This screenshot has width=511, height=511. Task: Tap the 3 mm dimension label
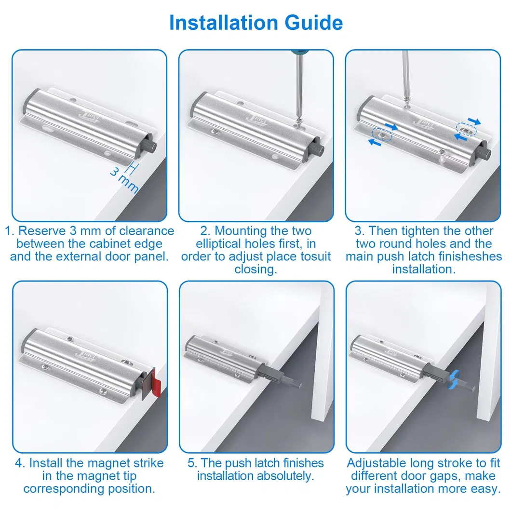pyautogui.click(x=124, y=179)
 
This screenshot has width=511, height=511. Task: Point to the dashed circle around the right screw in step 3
pyautogui.click(x=466, y=128)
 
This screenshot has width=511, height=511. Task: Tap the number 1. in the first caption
pyautogui.click(x=10, y=231)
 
